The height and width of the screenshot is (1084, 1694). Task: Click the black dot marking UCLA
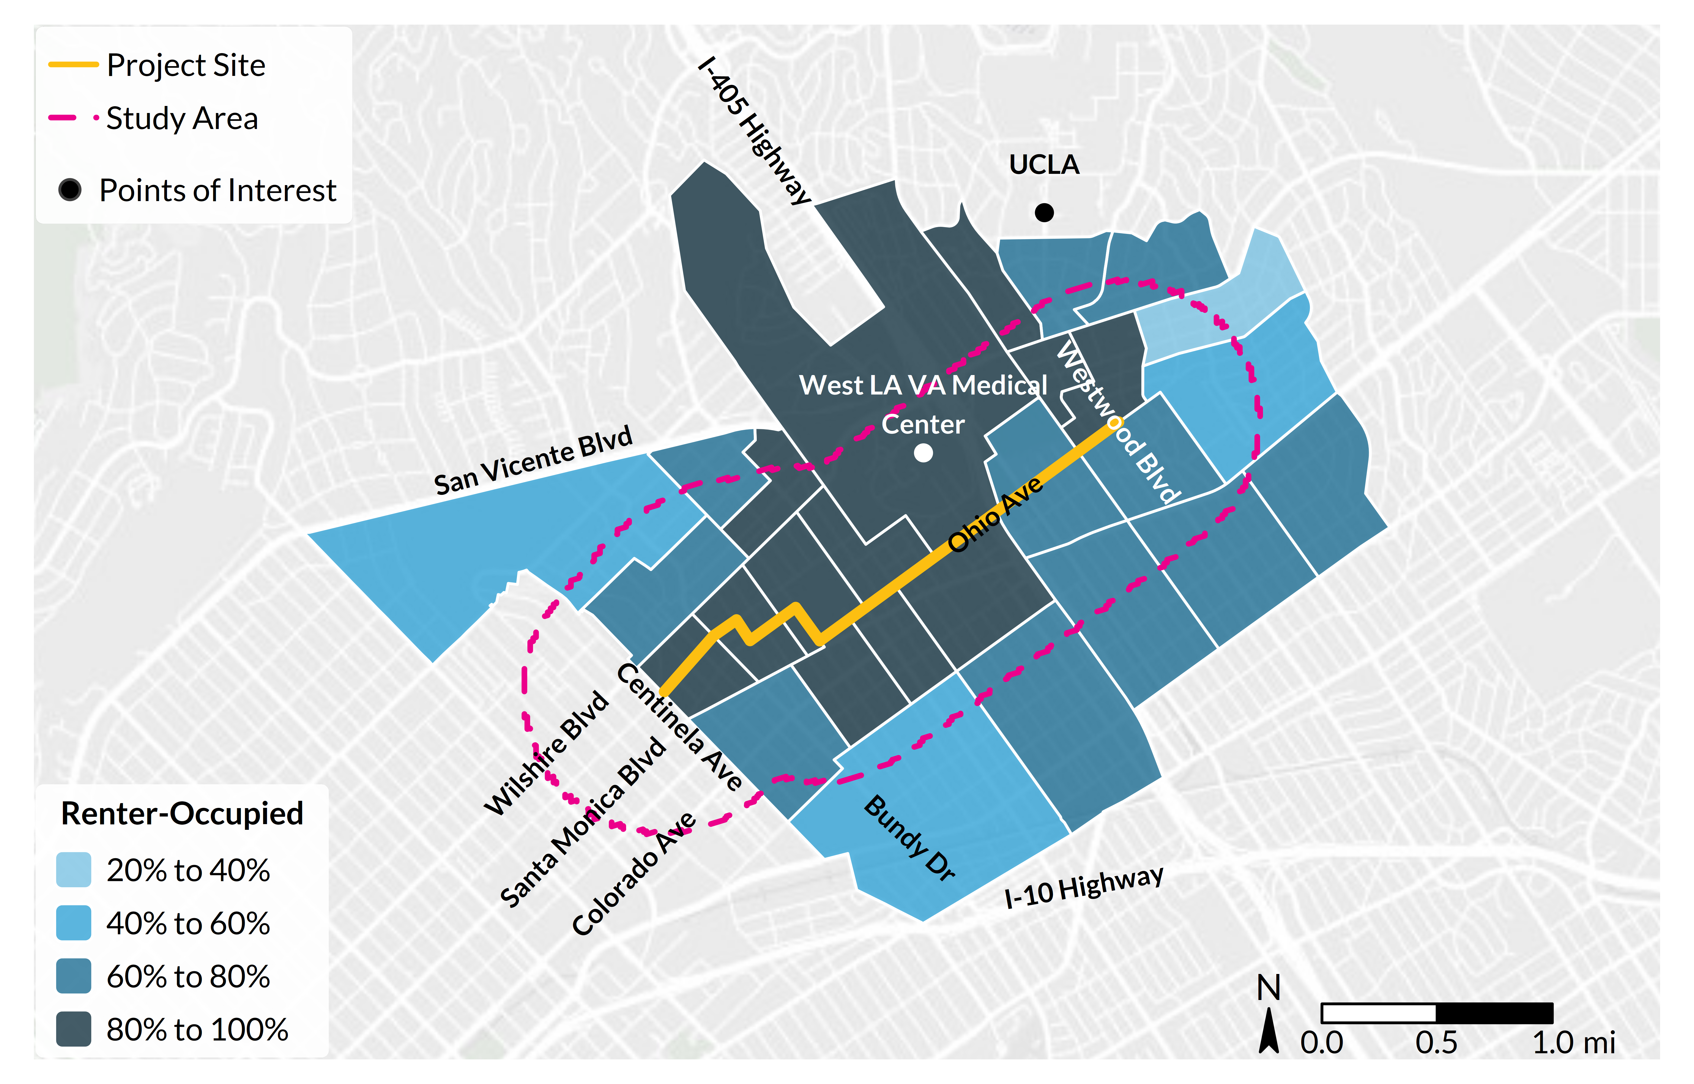(1044, 212)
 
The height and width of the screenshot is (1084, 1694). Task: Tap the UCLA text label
(1044, 165)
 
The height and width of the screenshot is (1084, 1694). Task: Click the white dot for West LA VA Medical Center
(923, 453)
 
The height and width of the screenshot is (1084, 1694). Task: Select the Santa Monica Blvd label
(583, 822)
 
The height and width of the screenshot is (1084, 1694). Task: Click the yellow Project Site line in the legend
(73, 65)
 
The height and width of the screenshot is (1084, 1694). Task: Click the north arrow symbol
(1268, 1031)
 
